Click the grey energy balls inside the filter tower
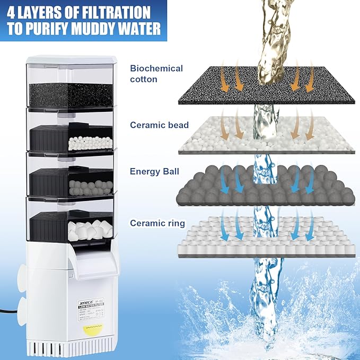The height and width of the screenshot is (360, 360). [91, 187]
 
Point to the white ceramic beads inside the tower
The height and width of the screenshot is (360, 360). [90, 143]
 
